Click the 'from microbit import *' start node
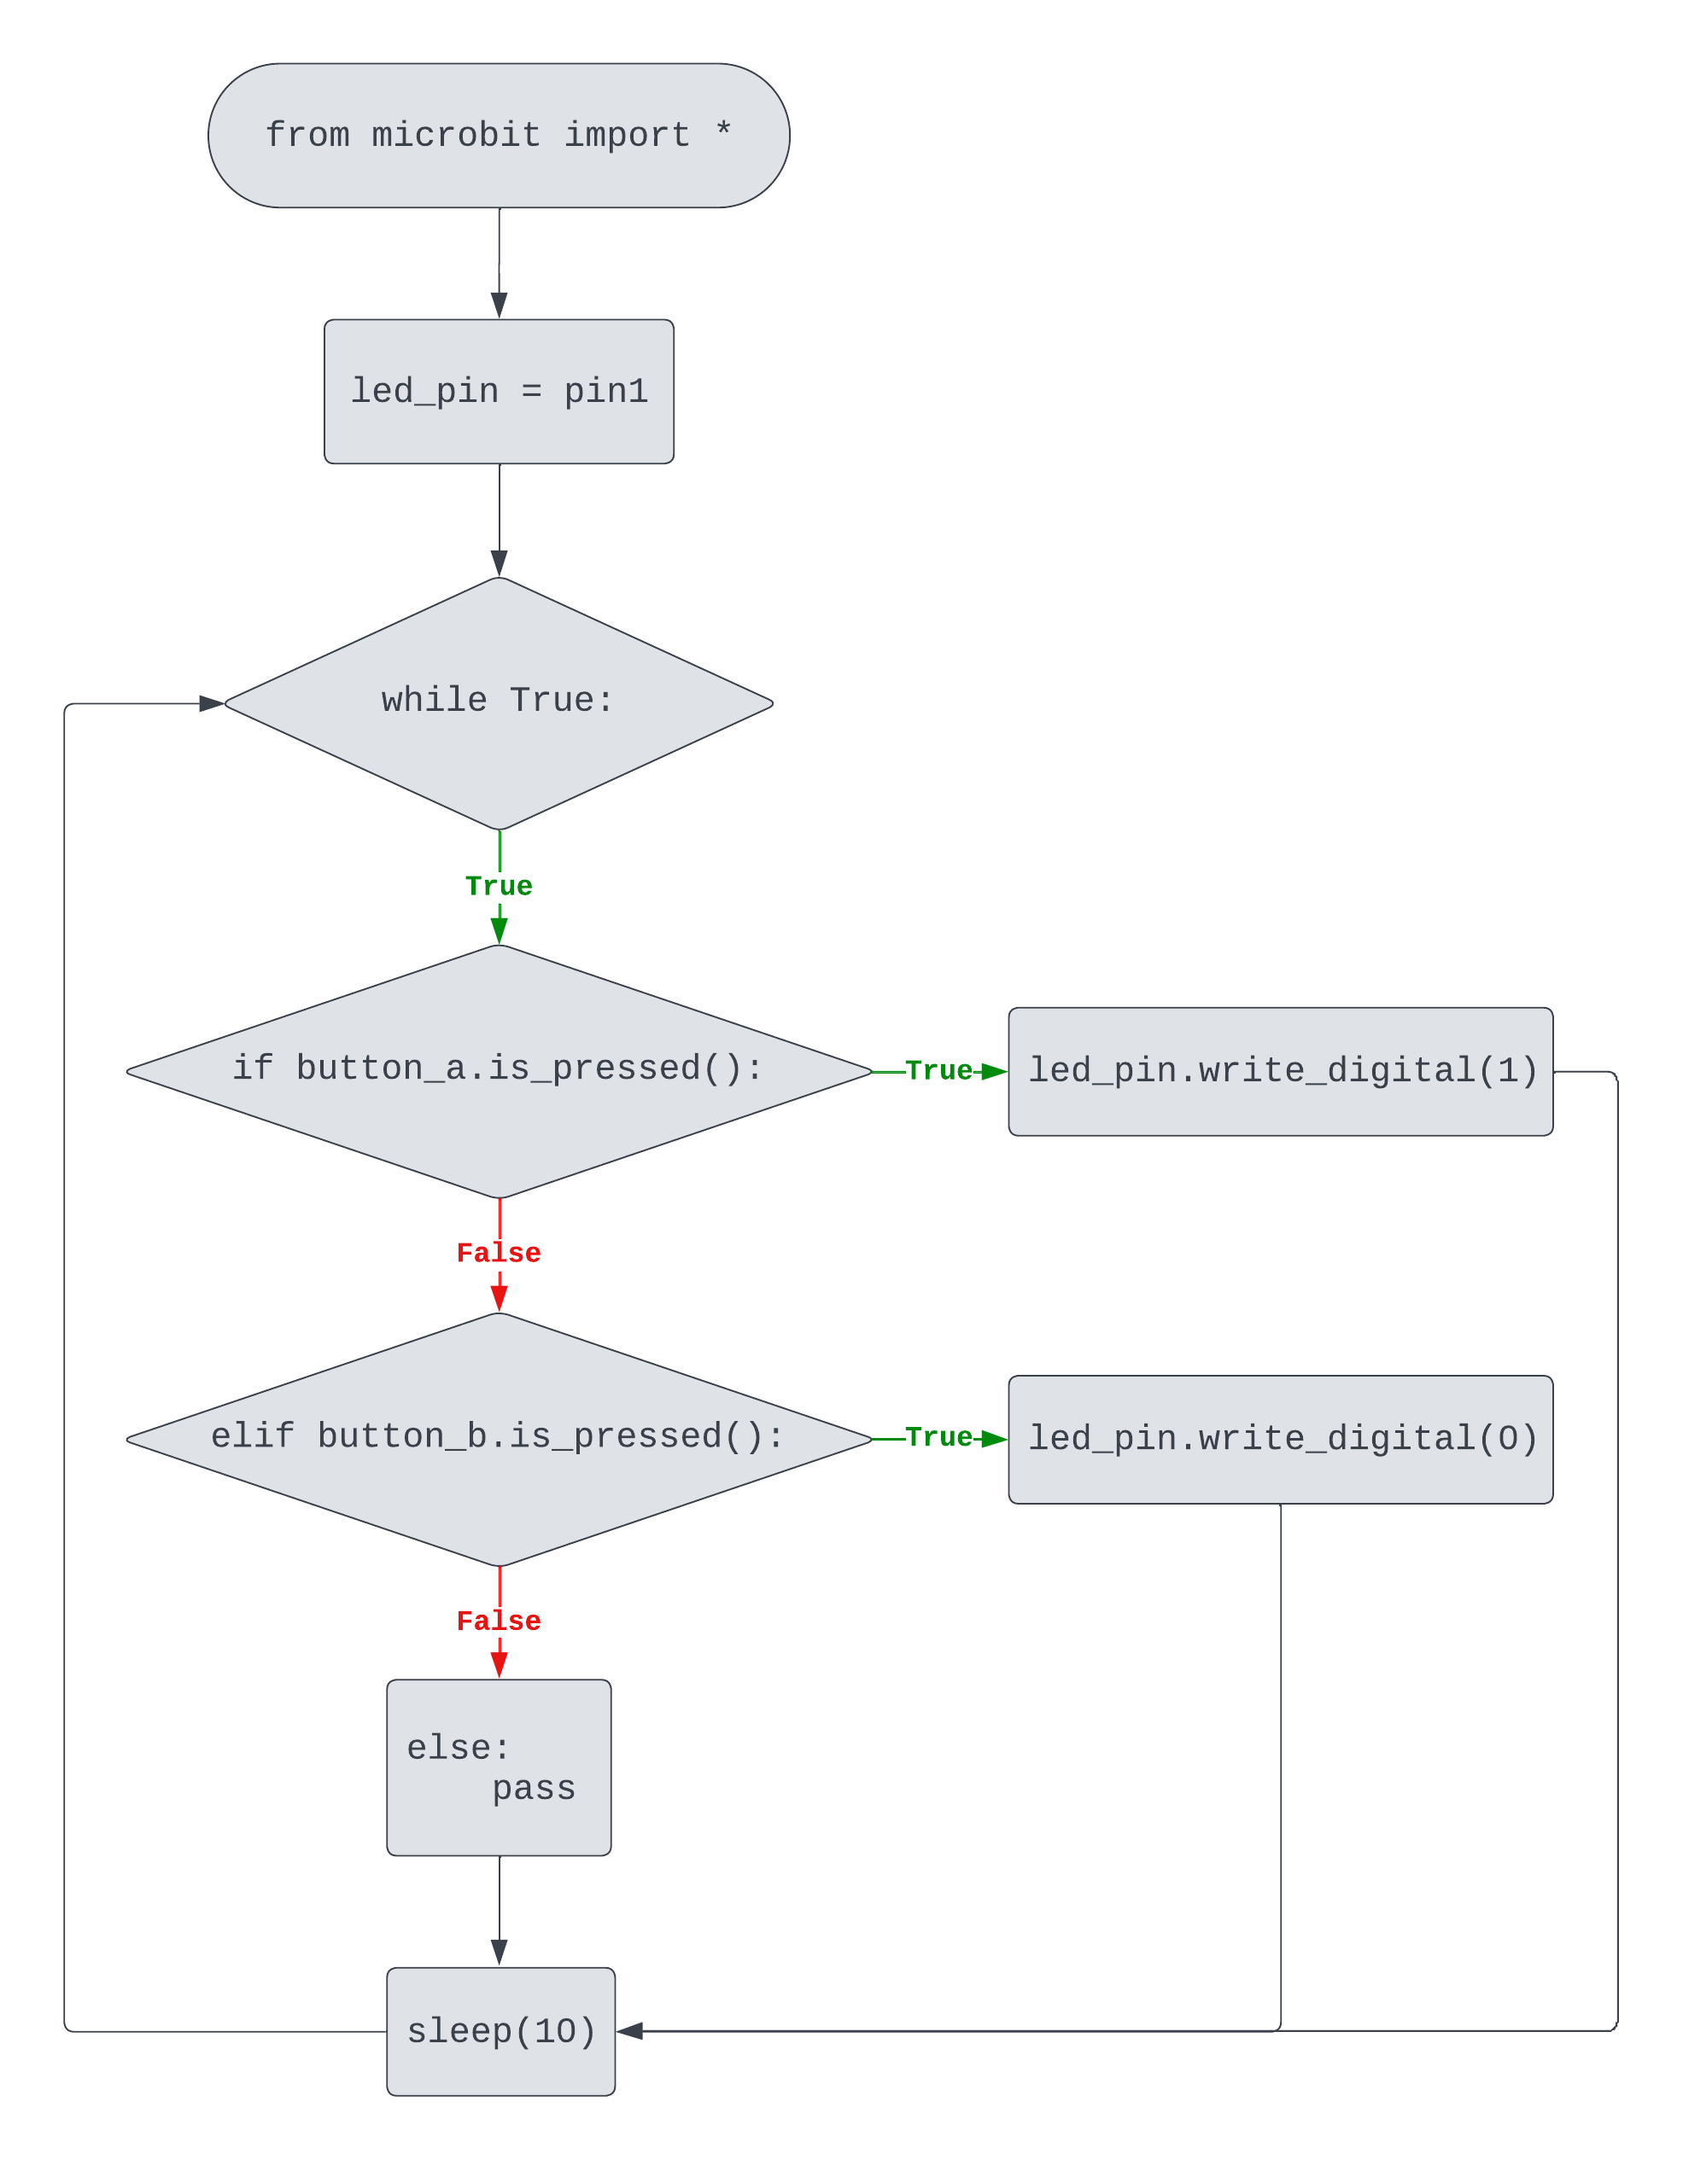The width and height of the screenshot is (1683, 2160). pyautogui.click(x=499, y=136)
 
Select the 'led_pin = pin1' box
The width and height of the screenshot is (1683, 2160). pyautogui.click(x=499, y=392)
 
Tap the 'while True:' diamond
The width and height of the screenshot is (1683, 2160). pyautogui.click(x=499, y=703)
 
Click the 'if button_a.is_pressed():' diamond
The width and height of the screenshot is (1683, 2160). pyautogui.click(x=499, y=1071)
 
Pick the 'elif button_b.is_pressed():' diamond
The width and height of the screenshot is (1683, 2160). pyautogui.click(x=499, y=1439)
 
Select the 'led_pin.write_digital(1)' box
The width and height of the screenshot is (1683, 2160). pyautogui.click(x=1280, y=1071)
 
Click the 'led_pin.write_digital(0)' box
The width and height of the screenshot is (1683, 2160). pyautogui.click(x=1280, y=1439)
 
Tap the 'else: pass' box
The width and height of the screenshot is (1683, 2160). pyautogui.click(x=499, y=1767)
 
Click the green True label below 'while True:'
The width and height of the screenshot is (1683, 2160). pyautogui.click(x=499, y=886)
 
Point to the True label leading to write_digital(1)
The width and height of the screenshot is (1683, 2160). pyautogui.click(x=938, y=1070)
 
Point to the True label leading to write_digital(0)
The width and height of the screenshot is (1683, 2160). pyautogui.click(x=938, y=1437)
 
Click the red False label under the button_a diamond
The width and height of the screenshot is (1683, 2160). pyautogui.click(x=499, y=1253)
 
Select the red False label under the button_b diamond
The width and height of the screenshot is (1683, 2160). pyautogui.click(x=499, y=1621)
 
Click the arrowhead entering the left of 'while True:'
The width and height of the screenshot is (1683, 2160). pyautogui.click(x=212, y=703)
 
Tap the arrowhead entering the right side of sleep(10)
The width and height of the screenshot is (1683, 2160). pyautogui.click(x=630, y=2030)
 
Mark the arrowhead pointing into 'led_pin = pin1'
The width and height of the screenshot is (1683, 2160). pyautogui.click(x=500, y=305)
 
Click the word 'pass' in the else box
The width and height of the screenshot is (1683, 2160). pyautogui.click(x=534, y=1788)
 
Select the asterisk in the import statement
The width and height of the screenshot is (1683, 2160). pyautogui.click(x=723, y=130)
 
